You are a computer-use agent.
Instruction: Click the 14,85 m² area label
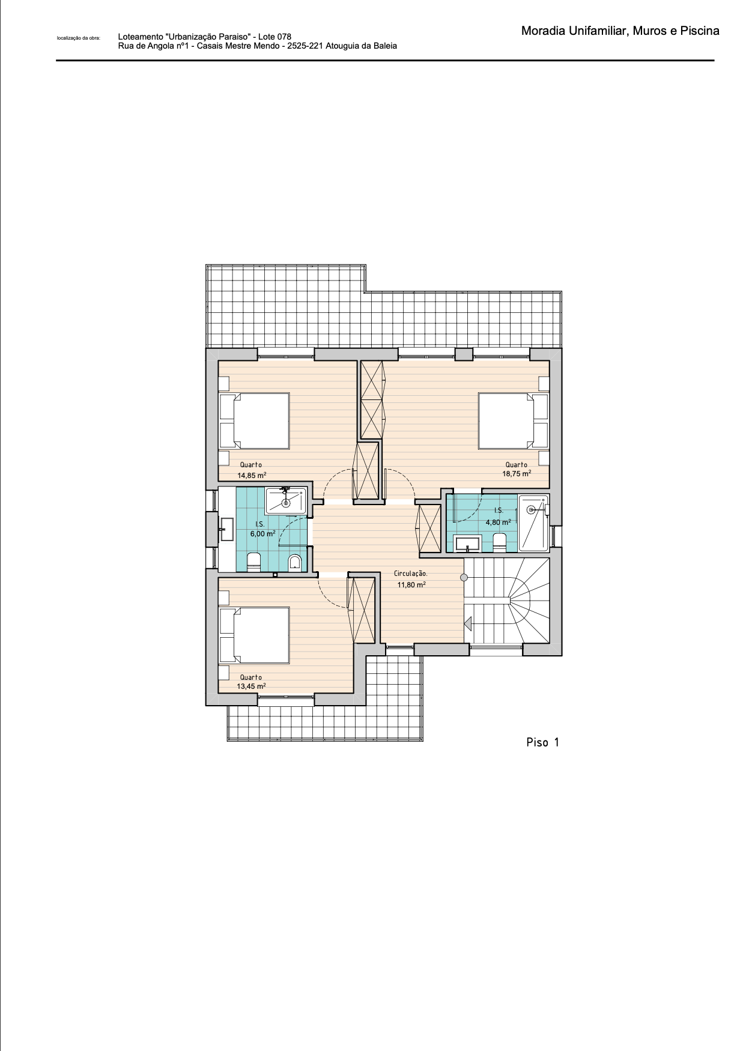(x=252, y=475)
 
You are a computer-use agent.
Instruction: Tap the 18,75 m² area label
(x=517, y=473)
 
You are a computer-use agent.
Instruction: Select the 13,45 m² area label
(x=251, y=686)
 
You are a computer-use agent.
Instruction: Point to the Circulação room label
(x=411, y=574)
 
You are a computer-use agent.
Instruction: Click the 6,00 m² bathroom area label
(x=263, y=533)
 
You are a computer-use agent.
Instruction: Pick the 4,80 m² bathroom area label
(x=499, y=522)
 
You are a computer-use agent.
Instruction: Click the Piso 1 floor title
(x=542, y=742)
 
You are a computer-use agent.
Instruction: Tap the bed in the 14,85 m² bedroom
(x=255, y=420)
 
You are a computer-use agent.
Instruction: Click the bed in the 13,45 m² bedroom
(x=255, y=635)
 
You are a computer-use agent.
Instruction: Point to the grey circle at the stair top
(x=464, y=578)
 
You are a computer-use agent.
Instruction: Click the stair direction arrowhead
(x=467, y=625)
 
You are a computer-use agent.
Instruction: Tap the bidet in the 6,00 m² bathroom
(x=294, y=563)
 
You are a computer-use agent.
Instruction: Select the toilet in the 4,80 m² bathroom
(x=500, y=544)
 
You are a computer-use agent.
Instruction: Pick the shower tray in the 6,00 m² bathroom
(x=287, y=501)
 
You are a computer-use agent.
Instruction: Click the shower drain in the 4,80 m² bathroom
(x=530, y=510)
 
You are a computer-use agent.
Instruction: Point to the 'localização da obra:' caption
(x=79, y=38)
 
